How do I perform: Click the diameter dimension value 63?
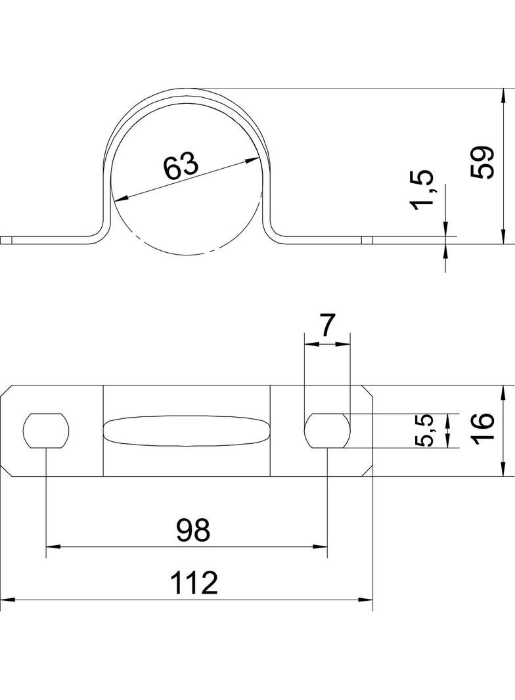click(x=180, y=166)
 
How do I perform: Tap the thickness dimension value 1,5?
click(x=422, y=190)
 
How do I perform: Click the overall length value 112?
click(x=194, y=583)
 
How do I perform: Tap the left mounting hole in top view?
click(x=46, y=431)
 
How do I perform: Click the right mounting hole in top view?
click(x=327, y=431)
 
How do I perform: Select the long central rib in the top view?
click(x=187, y=431)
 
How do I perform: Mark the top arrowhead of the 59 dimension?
click(x=503, y=93)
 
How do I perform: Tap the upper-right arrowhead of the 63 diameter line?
click(x=253, y=160)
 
